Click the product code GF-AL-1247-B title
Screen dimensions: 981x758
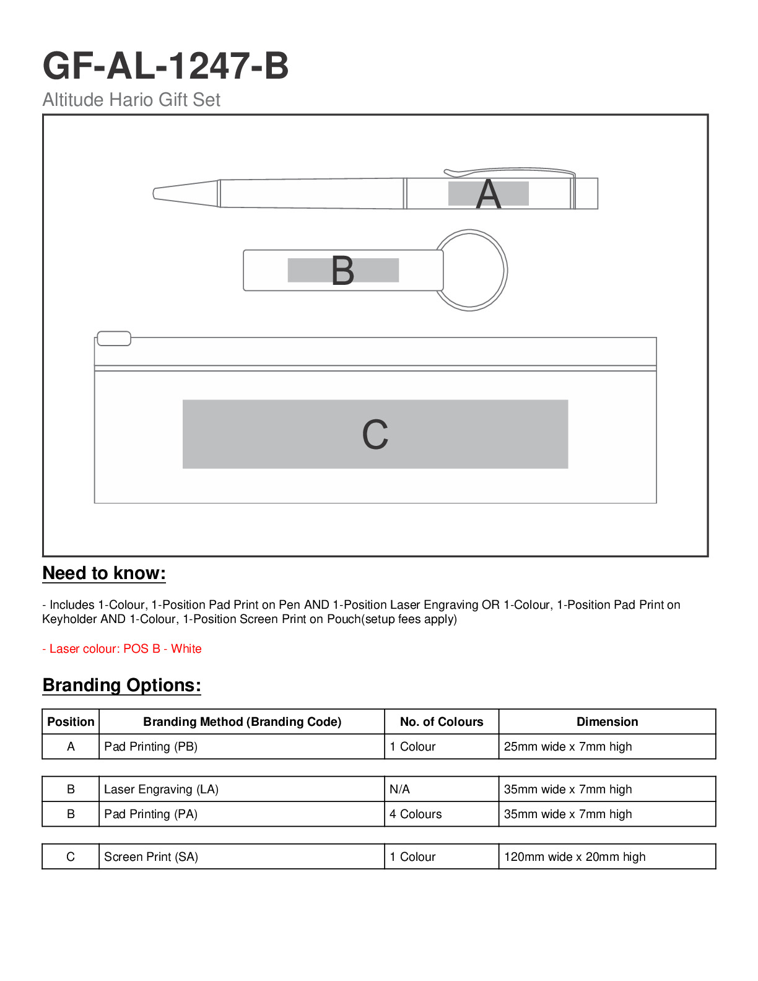[165, 66]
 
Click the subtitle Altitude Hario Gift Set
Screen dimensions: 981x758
[131, 100]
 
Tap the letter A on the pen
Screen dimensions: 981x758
[488, 194]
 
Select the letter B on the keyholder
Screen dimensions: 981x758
[342, 271]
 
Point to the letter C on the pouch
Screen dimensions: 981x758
[375, 434]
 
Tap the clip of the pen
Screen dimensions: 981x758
[508, 171]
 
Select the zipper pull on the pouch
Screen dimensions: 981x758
[115, 338]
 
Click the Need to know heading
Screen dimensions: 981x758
[104, 573]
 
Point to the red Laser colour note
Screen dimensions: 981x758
[122, 648]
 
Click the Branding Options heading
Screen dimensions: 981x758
[121, 685]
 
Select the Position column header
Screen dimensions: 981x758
[71, 722]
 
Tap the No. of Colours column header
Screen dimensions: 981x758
[442, 722]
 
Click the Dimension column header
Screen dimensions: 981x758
[607, 722]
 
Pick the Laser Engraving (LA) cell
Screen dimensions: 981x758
[161, 789]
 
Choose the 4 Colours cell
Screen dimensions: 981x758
[416, 814]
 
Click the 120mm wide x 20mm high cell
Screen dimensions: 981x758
[574, 857]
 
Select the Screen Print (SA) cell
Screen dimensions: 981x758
[151, 857]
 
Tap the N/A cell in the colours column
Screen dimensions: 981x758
[399, 789]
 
